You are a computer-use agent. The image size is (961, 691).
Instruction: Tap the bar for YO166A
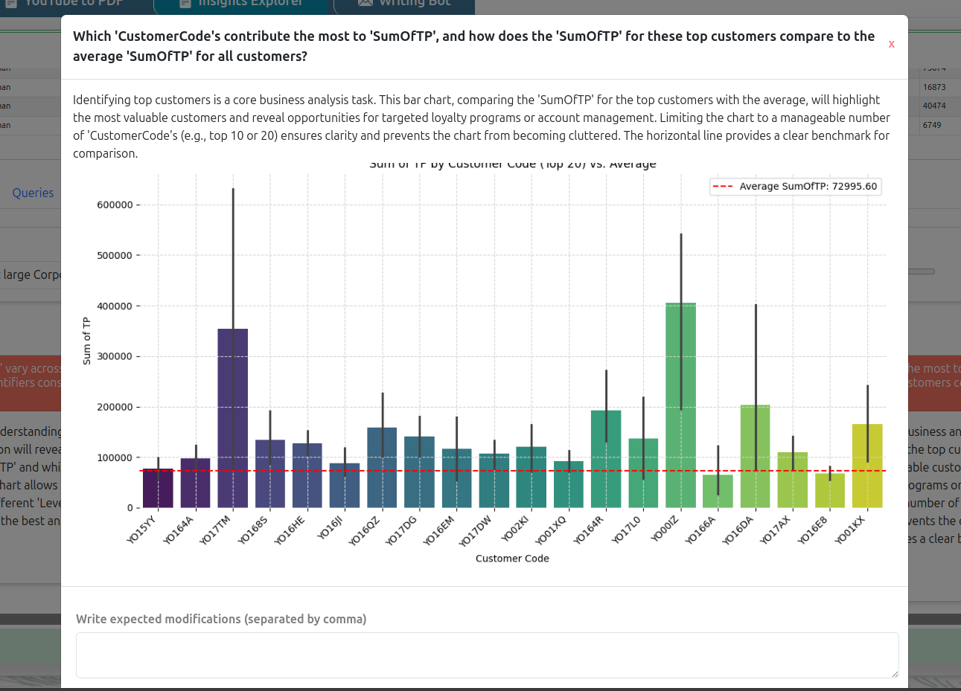(x=718, y=492)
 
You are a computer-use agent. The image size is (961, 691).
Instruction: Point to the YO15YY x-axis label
(x=142, y=530)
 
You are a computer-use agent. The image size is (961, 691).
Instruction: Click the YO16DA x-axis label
(x=738, y=530)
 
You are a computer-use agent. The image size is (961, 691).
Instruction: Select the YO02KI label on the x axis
(x=515, y=529)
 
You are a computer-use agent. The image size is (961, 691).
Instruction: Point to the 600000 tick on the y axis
(x=115, y=205)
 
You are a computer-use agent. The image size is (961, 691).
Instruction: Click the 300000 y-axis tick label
(x=115, y=356)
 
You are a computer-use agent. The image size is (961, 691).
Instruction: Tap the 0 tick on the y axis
(x=130, y=508)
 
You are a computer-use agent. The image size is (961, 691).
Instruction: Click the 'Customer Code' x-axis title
(x=512, y=559)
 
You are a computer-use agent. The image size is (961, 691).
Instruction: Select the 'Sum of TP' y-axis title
(x=87, y=341)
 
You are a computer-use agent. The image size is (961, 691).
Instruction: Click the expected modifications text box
(x=487, y=655)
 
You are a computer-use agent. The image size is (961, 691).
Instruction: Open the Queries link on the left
(x=33, y=193)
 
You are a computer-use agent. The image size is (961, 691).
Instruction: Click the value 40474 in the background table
(x=934, y=106)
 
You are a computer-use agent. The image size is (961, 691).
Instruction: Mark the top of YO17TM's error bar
(x=233, y=189)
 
